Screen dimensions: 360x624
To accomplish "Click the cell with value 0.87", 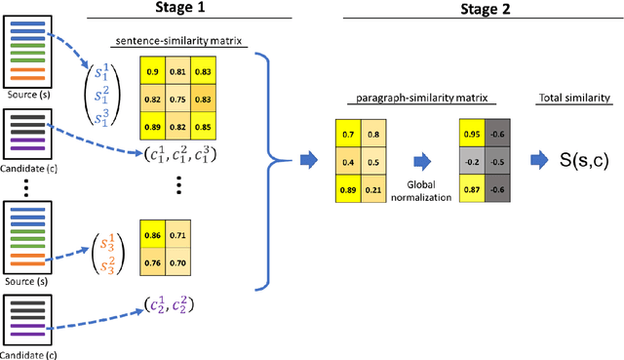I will pyautogui.click(x=472, y=187).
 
